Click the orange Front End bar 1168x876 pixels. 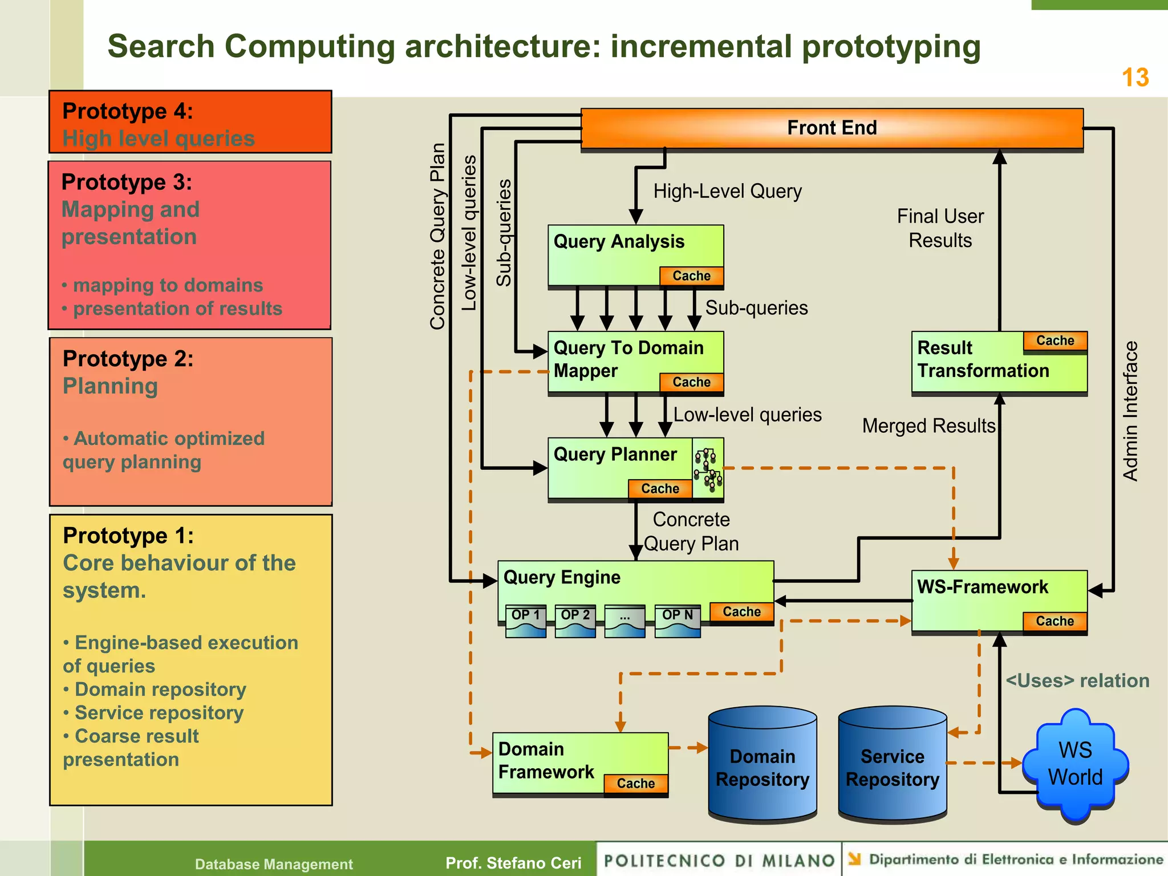click(832, 128)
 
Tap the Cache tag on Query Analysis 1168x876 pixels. click(691, 276)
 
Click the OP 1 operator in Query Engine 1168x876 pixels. click(525, 620)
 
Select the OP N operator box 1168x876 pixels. click(677, 620)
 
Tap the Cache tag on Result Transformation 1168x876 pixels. click(1055, 340)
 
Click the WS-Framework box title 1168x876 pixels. click(982, 587)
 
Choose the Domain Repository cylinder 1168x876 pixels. click(763, 767)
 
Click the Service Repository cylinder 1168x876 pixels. click(893, 767)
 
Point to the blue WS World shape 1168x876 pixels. click(1075, 764)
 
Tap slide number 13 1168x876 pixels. click(1135, 78)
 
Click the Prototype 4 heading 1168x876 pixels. click(128, 111)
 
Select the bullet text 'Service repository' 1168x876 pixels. click(159, 713)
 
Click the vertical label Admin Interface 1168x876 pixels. click(1130, 411)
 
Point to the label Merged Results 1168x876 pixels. click(928, 426)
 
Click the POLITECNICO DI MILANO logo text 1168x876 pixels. click(719, 861)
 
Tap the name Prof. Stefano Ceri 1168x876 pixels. click(513, 863)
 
